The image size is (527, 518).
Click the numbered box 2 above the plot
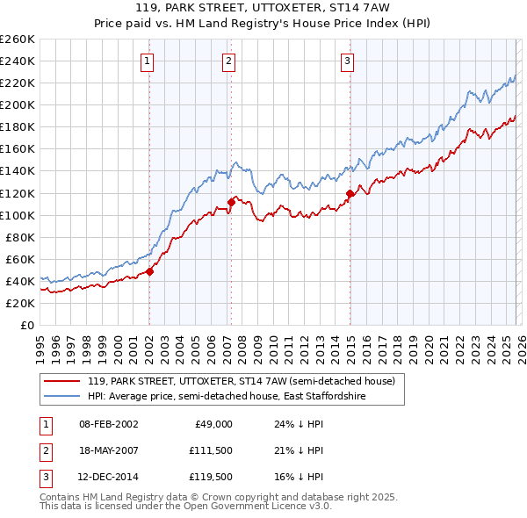coord(227,61)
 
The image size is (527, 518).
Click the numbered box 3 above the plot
coord(347,61)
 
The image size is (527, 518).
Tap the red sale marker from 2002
coord(149,271)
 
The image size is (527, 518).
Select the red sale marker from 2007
coord(231,201)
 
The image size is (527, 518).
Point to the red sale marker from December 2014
coord(350,192)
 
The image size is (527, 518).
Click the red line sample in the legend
coord(62,381)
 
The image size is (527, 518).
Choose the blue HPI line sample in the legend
coord(62,396)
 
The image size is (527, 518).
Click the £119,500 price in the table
coord(210,478)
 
